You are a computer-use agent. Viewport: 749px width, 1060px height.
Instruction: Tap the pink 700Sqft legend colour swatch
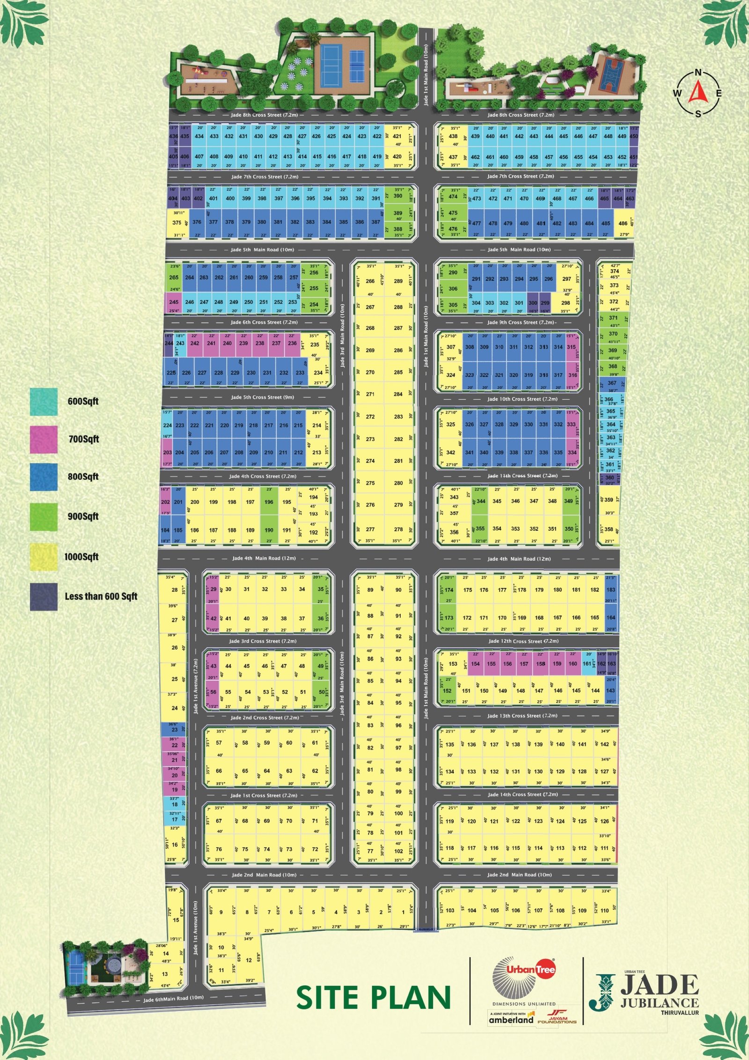coord(44,439)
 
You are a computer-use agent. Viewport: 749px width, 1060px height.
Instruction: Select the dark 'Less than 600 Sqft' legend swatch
coord(44,596)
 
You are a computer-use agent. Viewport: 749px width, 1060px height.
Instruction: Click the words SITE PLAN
coord(374,998)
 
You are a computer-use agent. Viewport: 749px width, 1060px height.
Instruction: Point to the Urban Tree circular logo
coord(524,979)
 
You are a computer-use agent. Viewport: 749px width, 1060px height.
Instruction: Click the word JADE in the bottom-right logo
coord(660,985)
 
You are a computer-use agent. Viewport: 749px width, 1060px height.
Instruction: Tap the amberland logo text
coord(511,1019)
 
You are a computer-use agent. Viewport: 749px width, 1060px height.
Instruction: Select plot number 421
coord(397,137)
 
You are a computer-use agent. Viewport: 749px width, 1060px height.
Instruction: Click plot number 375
coord(176,223)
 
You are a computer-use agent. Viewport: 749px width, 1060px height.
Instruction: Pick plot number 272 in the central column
coord(370,417)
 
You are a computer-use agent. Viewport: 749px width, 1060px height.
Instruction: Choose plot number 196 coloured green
coord(269,502)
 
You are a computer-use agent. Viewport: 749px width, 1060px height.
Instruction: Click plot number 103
coord(450,911)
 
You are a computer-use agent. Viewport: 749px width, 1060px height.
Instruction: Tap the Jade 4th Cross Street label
coord(263,476)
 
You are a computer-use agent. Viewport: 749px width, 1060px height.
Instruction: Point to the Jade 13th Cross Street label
coord(522,716)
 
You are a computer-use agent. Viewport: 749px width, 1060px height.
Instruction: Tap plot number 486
coord(623,224)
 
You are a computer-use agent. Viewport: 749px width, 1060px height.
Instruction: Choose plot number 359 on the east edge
coord(609,500)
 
